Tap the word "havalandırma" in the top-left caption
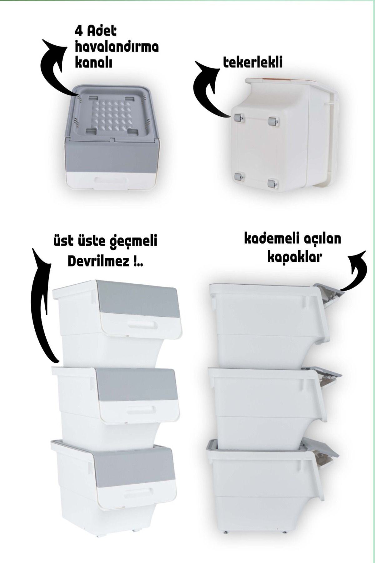click(117, 47)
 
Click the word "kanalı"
click(93, 63)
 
